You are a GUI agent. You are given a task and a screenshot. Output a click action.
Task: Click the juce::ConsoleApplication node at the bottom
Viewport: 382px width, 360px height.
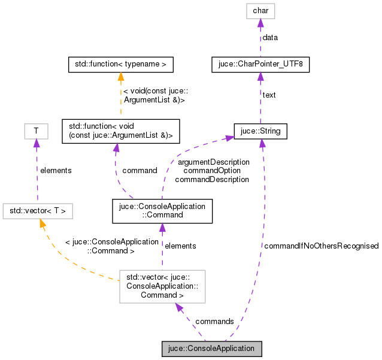pos(212,348)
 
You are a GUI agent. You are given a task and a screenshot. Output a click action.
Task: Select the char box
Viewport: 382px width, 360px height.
pos(260,11)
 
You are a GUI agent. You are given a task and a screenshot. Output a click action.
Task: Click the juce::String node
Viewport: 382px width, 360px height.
pos(260,131)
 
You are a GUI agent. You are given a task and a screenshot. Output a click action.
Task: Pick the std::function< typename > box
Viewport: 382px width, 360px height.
pos(120,63)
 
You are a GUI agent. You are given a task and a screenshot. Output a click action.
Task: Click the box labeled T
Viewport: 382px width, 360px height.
pos(36,131)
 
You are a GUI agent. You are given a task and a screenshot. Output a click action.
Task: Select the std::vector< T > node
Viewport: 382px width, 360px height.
pos(38,210)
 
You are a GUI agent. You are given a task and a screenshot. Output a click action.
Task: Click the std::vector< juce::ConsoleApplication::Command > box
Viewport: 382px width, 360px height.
pos(162,286)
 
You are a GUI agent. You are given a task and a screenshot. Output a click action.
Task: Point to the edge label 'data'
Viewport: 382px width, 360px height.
pos(270,37)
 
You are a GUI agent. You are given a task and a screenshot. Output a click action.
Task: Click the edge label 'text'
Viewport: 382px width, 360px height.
pos(268,95)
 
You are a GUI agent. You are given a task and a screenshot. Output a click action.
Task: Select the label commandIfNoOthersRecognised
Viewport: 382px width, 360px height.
pos(321,246)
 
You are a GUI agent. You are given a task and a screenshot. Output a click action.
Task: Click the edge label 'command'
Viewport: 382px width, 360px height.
pos(139,170)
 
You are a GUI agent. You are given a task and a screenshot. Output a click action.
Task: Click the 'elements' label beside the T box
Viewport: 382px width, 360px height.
pos(55,170)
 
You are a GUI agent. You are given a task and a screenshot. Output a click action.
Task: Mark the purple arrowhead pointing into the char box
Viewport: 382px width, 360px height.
pos(260,23)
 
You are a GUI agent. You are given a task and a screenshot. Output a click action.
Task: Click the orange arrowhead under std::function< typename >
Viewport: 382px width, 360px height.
pos(120,75)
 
